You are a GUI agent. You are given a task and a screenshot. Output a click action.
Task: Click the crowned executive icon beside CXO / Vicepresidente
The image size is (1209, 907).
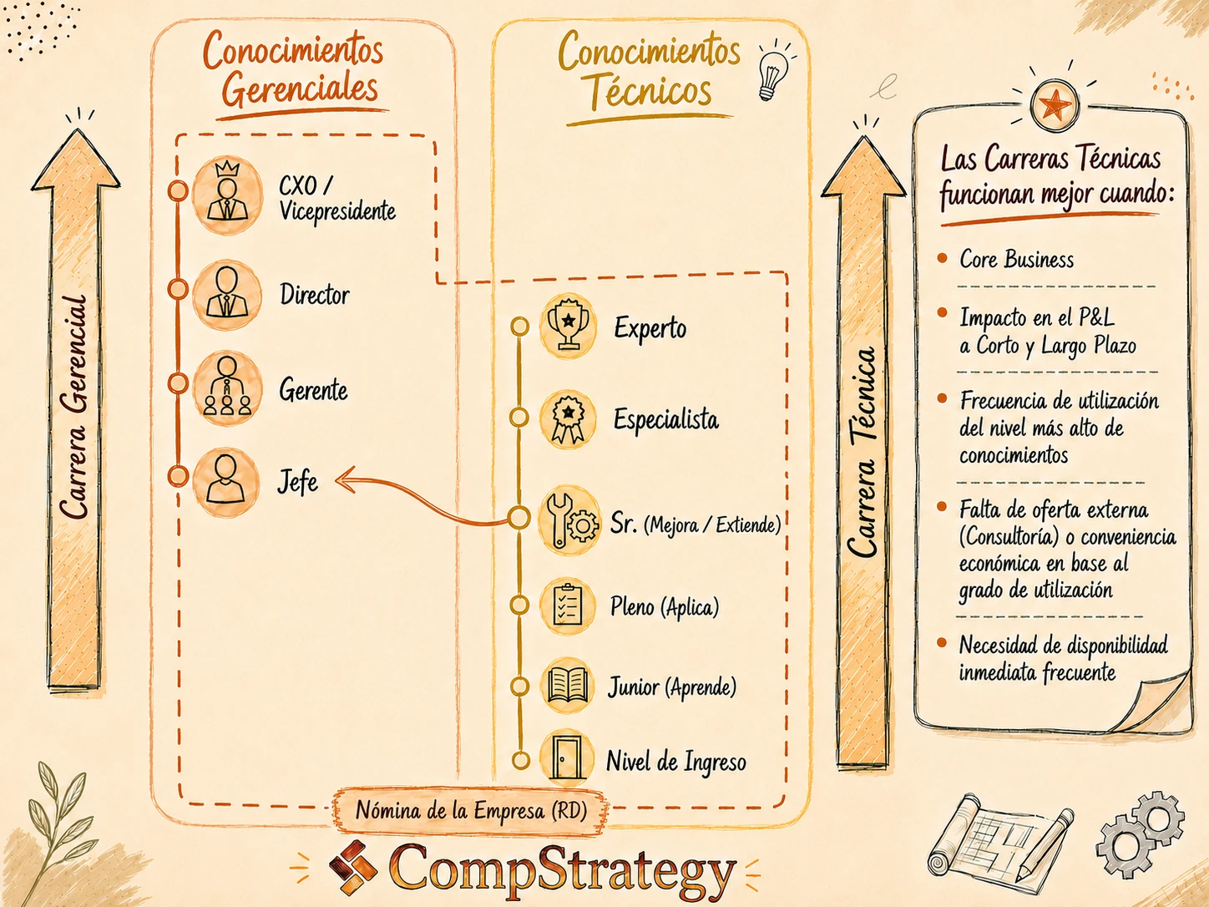(x=227, y=195)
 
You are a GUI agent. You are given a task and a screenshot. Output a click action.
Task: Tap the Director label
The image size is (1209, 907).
(x=315, y=295)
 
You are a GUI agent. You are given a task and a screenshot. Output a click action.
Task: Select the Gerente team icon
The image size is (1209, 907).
(x=227, y=388)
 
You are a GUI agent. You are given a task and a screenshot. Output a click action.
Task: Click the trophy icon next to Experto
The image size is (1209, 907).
(x=568, y=326)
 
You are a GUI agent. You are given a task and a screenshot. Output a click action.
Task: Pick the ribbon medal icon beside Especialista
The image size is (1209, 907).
(x=568, y=419)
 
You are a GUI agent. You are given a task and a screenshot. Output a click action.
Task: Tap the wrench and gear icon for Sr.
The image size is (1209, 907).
(x=570, y=519)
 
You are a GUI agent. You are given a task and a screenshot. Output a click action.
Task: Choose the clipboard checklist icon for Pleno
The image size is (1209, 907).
(x=567, y=606)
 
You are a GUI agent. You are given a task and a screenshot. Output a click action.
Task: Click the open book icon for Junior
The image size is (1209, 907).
(x=567, y=687)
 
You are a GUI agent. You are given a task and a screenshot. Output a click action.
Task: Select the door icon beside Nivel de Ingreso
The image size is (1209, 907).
(x=567, y=758)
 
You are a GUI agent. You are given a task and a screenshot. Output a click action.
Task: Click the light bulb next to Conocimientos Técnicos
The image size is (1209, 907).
(x=773, y=72)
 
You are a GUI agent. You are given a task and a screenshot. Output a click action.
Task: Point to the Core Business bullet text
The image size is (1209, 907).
(x=1017, y=260)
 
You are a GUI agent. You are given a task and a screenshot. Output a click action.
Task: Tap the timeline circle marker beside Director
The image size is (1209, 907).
(x=177, y=289)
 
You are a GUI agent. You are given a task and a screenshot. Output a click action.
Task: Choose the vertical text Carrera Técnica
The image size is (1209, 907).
(x=862, y=452)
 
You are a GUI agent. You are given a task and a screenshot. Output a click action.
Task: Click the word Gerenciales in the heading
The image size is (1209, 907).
(x=301, y=89)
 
